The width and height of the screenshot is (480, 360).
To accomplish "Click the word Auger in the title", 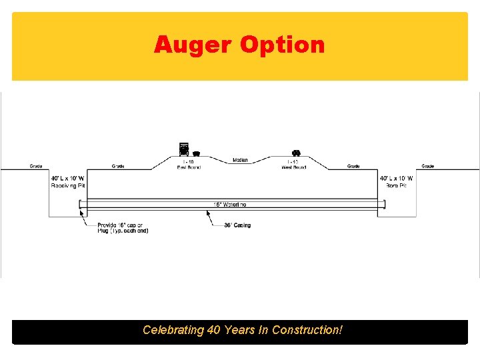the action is pyautogui.click(x=193, y=45).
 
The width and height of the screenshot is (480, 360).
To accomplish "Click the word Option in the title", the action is pyautogui.click(x=283, y=45).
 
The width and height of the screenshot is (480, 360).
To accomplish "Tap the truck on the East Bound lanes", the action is pyautogui.click(x=183, y=149).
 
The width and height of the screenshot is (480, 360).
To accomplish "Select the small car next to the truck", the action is pyautogui.click(x=196, y=153).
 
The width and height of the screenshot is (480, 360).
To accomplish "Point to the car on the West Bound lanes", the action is pyautogui.click(x=296, y=153).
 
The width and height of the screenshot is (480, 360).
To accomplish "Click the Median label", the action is pyautogui.click(x=241, y=160).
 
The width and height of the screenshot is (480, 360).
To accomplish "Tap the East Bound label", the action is pyautogui.click(x=189, y=165).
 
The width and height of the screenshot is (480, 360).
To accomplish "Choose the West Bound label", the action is pyautogui.click(x=293, y=165).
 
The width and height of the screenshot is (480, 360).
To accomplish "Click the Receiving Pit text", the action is pyautogui.click(x=68, y=185).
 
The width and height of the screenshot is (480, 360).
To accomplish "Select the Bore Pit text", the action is pyautogui.click(x=397, y=185).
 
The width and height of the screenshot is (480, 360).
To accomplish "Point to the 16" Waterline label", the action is pyautogui.click(x=230, y=205).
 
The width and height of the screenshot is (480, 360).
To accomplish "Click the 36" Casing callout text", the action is pyautogui.click(x=239, y=225).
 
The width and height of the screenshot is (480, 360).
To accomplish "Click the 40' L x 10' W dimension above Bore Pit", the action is pyautogui.click(x=397, y=178).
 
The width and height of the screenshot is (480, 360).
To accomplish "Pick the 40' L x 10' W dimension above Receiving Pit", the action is pyautogui.click(x=68, y=178).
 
